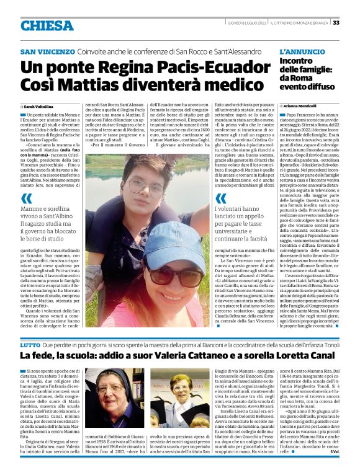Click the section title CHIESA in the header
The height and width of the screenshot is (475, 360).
(x=47, y=25)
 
